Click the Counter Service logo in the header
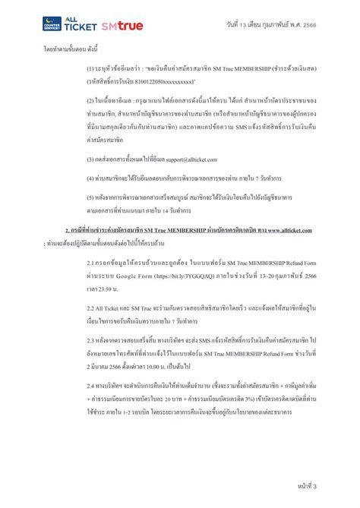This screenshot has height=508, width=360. click(x=53, y=25)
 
